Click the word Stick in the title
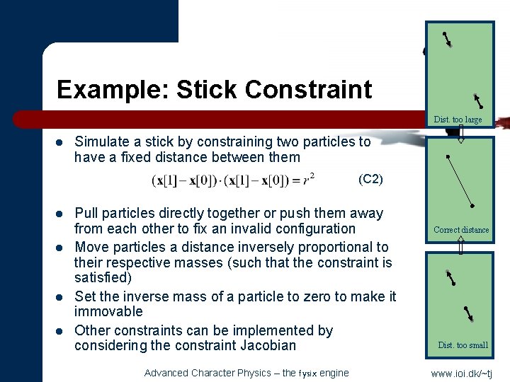206,90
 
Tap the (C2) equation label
370,179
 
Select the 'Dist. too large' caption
458,120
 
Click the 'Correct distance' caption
461,229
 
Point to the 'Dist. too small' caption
463,345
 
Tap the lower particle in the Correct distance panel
472,205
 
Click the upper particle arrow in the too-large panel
447,40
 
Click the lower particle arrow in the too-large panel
478,100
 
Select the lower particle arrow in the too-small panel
468,313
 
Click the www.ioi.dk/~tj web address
461,373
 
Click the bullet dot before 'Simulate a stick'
61,141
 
